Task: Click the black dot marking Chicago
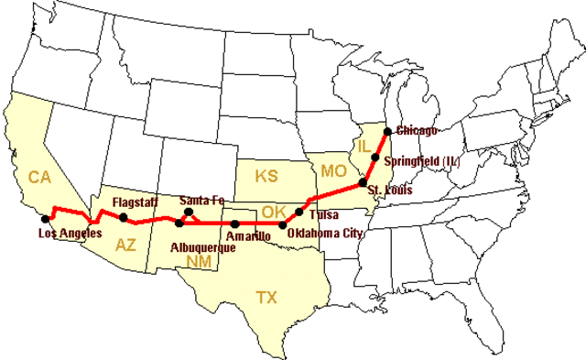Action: [x=387, y=131]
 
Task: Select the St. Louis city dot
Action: [x=364, y=182]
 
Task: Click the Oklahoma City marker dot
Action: [x=282, y=224]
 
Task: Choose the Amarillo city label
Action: [x=248, y=236]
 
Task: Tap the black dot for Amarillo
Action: [x=235, y=224]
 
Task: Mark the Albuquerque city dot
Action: [x=179, y=223]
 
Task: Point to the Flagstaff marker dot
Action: [x=124, y=217]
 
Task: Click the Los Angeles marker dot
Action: [x=46, y=219]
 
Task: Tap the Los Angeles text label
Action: [x=70, y=234]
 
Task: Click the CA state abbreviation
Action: [x=38, y=176]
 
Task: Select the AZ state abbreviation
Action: [x=125, y=245]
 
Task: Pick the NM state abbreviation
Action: [x=199, y=262]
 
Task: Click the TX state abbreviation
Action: [x=266, y=297]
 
